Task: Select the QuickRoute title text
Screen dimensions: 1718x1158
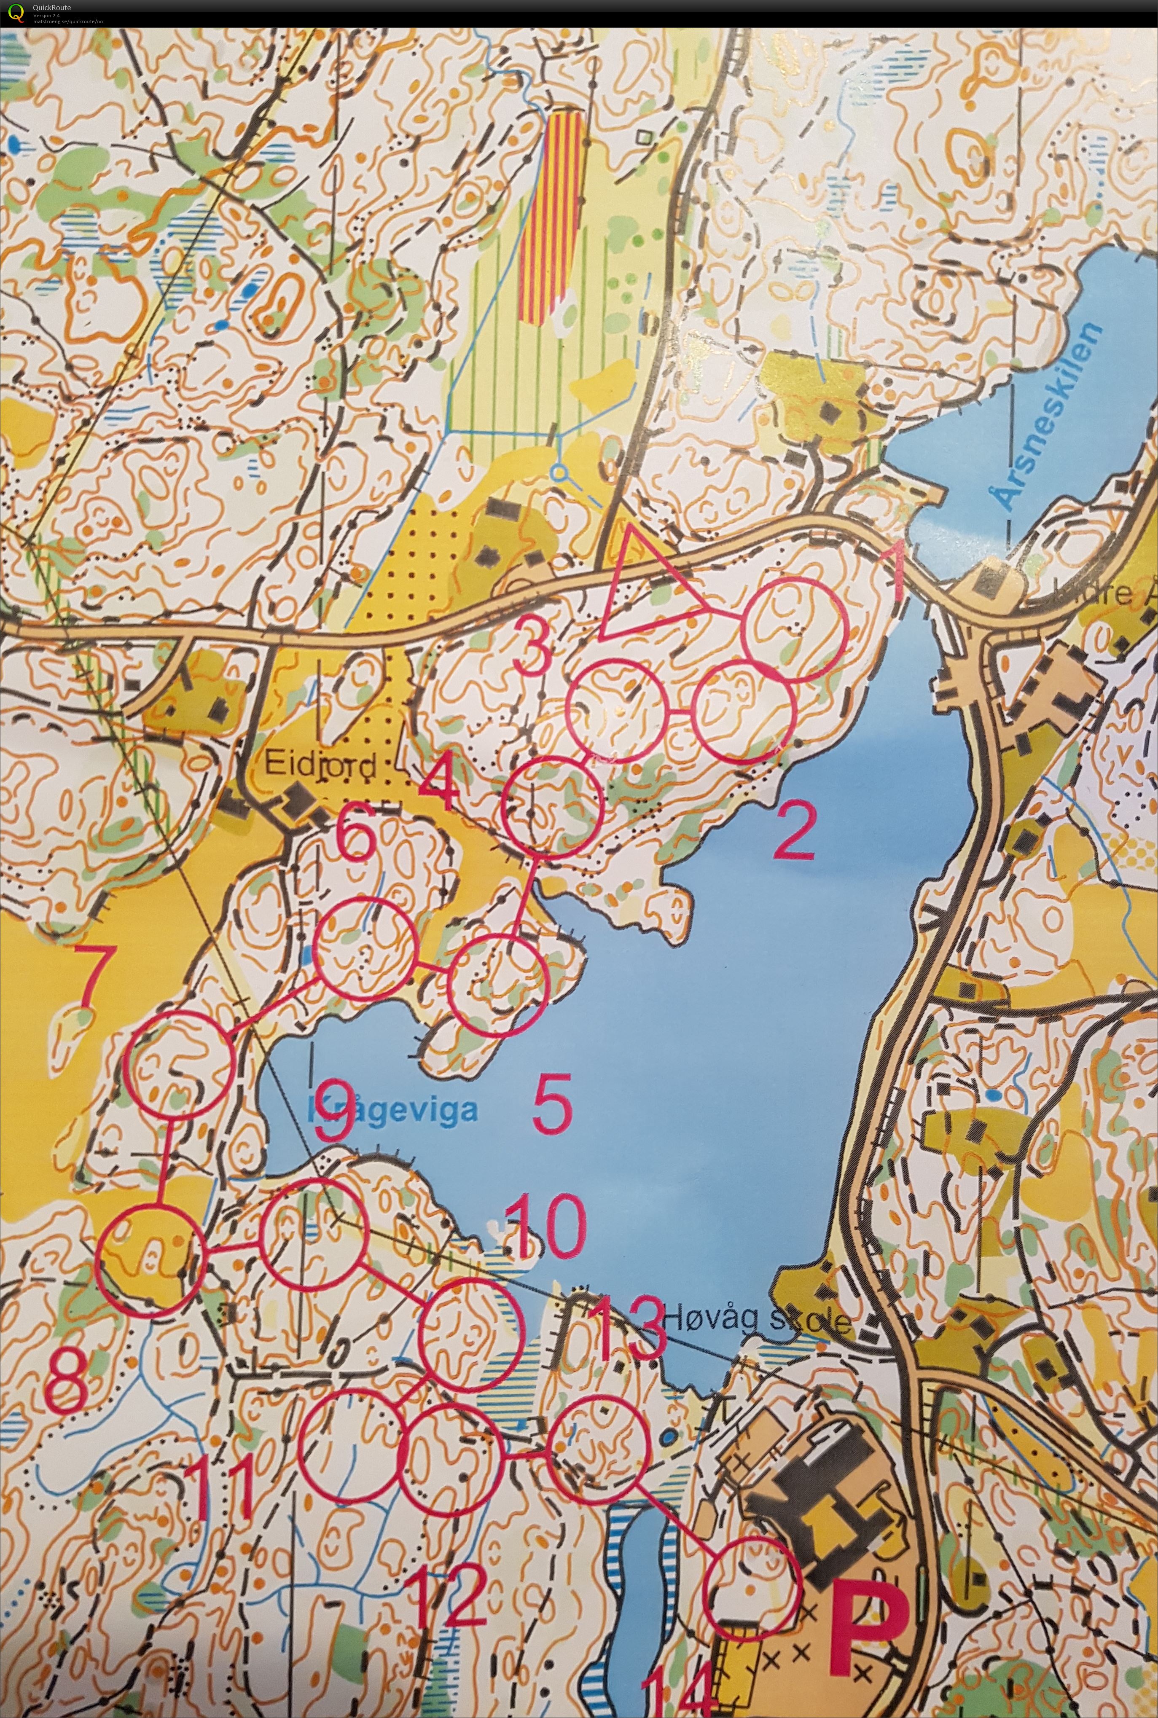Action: [52, 8]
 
